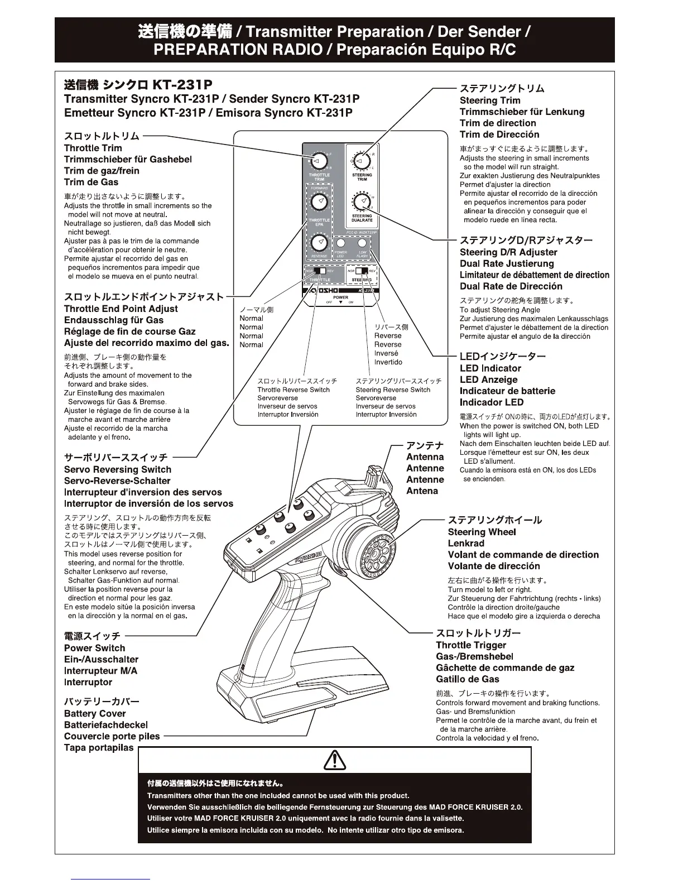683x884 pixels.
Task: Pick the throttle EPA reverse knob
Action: pyautogui.click(x=319, y=243)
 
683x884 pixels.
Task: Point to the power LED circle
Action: pyautogui.click(x=340, y=243)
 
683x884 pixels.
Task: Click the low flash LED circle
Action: pyautogui.click(x=362, y=243)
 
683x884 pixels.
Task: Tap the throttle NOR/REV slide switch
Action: pyautogui.click(x=319, y=271)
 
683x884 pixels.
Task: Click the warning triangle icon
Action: pyautogui.click(x=335, y=760)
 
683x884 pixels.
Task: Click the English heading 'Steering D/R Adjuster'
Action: pyautogui.click(x=508, y=252)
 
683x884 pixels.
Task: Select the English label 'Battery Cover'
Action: pyautogui.click(x=95, y=714)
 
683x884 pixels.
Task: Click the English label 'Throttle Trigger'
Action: pyautogui.click(x=470, y=645)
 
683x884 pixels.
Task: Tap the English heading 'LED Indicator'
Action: pyautogui.click(x=490, y=368)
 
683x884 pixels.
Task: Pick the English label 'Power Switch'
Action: pyautogui.click(x=94, y=648)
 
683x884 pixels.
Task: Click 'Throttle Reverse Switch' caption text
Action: pyautogui.click(x=294, y=390)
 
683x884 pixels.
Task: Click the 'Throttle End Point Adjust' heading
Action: pyautogui.click(x=121, y=309)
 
